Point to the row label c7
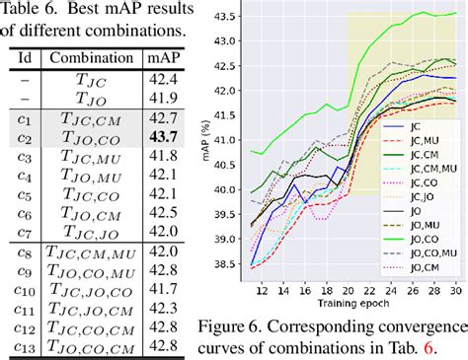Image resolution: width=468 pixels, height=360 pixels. tap(22, 232)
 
